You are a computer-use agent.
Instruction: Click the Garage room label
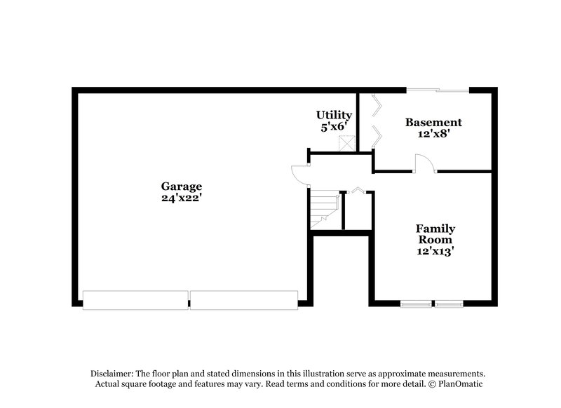point(182,186)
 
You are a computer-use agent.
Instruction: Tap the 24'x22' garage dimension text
point(182,198)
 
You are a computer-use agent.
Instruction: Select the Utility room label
point(334,115)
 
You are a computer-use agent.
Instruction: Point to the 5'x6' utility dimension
point(334,127)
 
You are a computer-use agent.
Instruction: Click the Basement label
point(433,122)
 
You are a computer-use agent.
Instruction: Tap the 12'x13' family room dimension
point(435,250)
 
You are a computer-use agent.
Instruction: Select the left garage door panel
point(135,300)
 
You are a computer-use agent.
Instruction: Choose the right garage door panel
point(244,300)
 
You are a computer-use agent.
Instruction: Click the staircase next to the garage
point(324,209)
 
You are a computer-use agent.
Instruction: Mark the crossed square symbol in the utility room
point(346,143)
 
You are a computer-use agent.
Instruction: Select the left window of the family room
point(417,304)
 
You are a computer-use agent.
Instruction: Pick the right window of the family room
point(449,304)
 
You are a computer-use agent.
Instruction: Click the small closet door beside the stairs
point(357,190)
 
